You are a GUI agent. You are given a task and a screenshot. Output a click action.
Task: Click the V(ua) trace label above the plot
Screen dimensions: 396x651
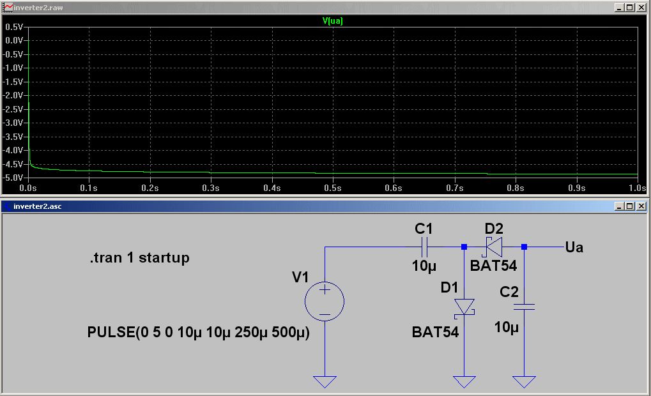(x=333, y=20)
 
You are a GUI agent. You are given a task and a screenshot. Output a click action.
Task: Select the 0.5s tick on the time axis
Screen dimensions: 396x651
(x=332, y=188)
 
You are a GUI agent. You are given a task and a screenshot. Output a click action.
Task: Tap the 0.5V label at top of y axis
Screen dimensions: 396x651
(x=13, y=27)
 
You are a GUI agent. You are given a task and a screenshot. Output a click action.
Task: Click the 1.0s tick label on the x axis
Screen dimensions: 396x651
(x=637, y=188)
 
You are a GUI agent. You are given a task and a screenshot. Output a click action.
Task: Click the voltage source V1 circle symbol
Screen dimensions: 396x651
(x=325, y=300)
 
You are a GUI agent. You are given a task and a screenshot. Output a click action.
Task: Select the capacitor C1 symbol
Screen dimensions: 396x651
(x=425, y=247)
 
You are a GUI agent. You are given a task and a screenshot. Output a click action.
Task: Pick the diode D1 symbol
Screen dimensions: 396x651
(x=464, y=307)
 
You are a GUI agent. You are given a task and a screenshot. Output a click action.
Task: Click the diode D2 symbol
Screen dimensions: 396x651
(x=494, y=247)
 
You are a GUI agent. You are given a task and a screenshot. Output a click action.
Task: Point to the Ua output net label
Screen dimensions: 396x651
(x=574, y=247)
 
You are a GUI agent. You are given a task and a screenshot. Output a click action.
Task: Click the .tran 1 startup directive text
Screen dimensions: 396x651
(x=139, y=258)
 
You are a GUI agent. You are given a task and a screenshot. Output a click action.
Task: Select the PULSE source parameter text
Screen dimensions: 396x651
(x=198, y=333)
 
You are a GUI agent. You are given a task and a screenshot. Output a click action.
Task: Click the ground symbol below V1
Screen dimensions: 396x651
(x=325, y=381)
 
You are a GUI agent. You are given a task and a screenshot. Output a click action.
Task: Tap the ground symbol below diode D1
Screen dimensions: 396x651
(x=464, y=381)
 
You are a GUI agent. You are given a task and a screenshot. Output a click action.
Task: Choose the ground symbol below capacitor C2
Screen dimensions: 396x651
(x=525, y=381)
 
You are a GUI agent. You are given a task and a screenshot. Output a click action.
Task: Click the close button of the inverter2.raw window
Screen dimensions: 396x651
(x=642, y=8)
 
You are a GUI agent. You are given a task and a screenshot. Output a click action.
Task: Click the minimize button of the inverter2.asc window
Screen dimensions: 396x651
(x=619, y=206)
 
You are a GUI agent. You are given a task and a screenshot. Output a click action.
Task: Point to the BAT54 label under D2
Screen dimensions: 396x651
(x=493, y=266)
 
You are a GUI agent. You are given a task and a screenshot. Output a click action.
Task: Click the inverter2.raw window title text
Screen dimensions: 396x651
(x=38, y=8)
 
